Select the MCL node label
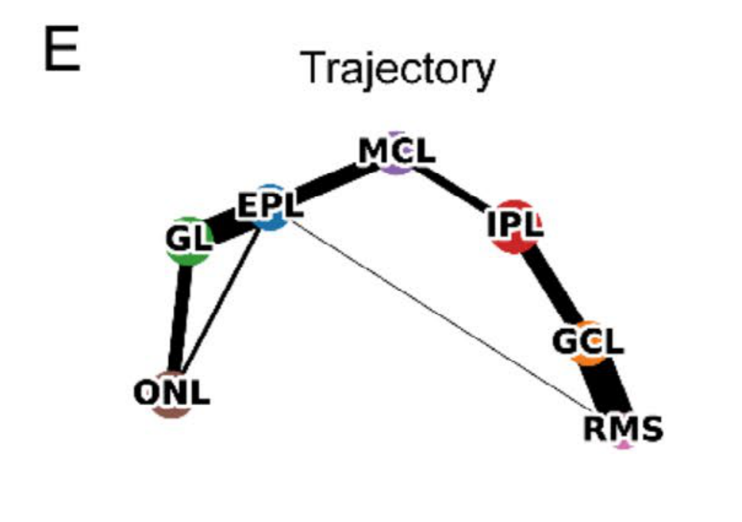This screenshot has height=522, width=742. (x=397, y=151)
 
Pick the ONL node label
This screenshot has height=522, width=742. (x=171, y=392)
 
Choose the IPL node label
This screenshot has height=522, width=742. (x=515, y=225)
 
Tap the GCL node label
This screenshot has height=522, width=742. (x=588, y=342)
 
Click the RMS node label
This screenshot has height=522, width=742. (x=622, y=429)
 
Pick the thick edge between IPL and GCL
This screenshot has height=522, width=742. (x=554, y=288)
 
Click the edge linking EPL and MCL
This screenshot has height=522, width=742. (x=329, y=183)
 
